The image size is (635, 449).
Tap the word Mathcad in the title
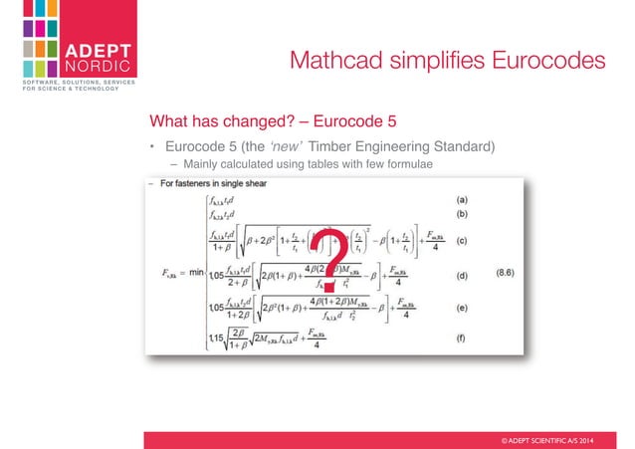[x=328, y=62]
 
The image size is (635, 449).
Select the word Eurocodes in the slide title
[x=540, y=62]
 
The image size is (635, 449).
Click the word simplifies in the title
[x=427, y=62]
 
